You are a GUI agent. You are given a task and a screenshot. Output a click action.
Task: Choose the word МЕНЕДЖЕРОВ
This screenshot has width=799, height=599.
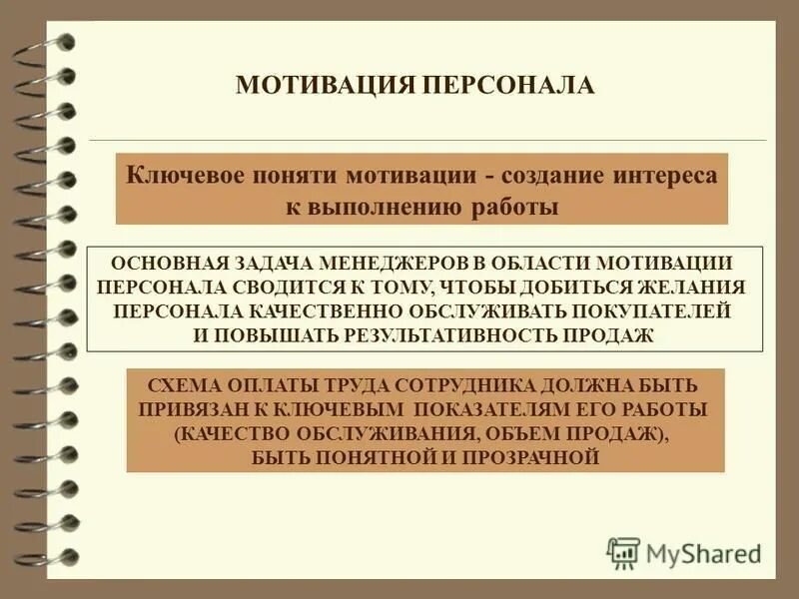tap(408, 264)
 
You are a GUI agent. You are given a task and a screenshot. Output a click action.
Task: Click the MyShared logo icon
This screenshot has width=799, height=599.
tap(624, 553)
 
